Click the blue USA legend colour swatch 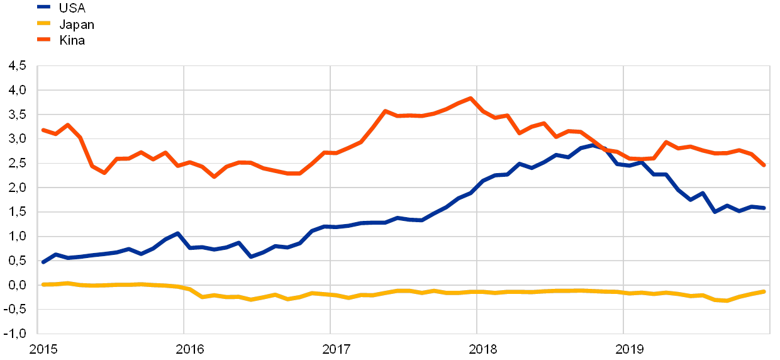[x=44, y=8]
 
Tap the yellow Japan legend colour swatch [x=44, y=24]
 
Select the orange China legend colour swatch [x=44, y=40]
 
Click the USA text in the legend [x=72, y=8]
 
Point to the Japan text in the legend [x=76, y=25]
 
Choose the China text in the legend [x=73, y=40]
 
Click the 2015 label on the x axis [x=44, y=349]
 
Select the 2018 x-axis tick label [x=483, y=349]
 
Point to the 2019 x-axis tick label [x=630, y=349]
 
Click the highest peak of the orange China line [x=471, y=99]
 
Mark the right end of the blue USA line [x=764, y=208]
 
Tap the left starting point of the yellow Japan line [x=43, y=284]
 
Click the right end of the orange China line [x=764, y=166]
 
